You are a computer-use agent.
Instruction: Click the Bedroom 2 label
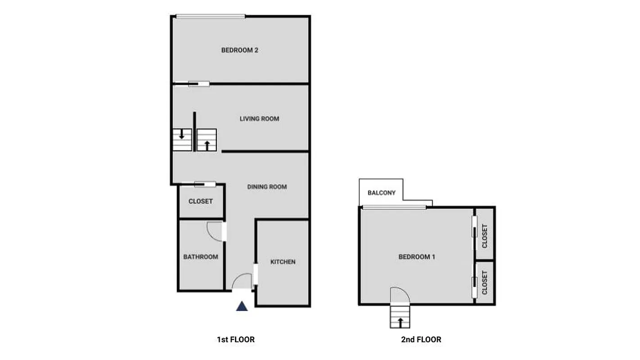tap(239, 50)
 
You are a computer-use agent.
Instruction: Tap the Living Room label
tap(259, 119)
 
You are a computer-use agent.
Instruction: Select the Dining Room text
tap(267, 187)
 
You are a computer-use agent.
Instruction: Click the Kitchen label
tap(283, 261)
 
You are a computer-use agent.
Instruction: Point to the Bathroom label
tap(200, 257)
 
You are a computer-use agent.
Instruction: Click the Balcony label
tap(382, 193)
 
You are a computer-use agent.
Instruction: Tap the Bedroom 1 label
tap(417, 257)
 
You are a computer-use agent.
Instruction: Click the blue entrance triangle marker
tap(242, 306)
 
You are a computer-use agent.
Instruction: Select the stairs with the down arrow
tap(182, 139)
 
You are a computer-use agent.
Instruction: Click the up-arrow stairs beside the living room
tap(207, 140)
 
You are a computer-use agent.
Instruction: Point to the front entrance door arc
tap(242, 281)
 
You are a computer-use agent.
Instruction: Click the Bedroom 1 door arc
tap(400, 295)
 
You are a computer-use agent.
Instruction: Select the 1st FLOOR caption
tap(235, 339)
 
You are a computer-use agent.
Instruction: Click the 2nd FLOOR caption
tap(421, 339)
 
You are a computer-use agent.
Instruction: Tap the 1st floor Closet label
tap(200, 201)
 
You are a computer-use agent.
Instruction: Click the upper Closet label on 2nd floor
tap(485, 236)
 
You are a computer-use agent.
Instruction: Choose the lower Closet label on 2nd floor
tap(485, 283)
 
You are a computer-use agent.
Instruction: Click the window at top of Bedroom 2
tap(211, 17)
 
